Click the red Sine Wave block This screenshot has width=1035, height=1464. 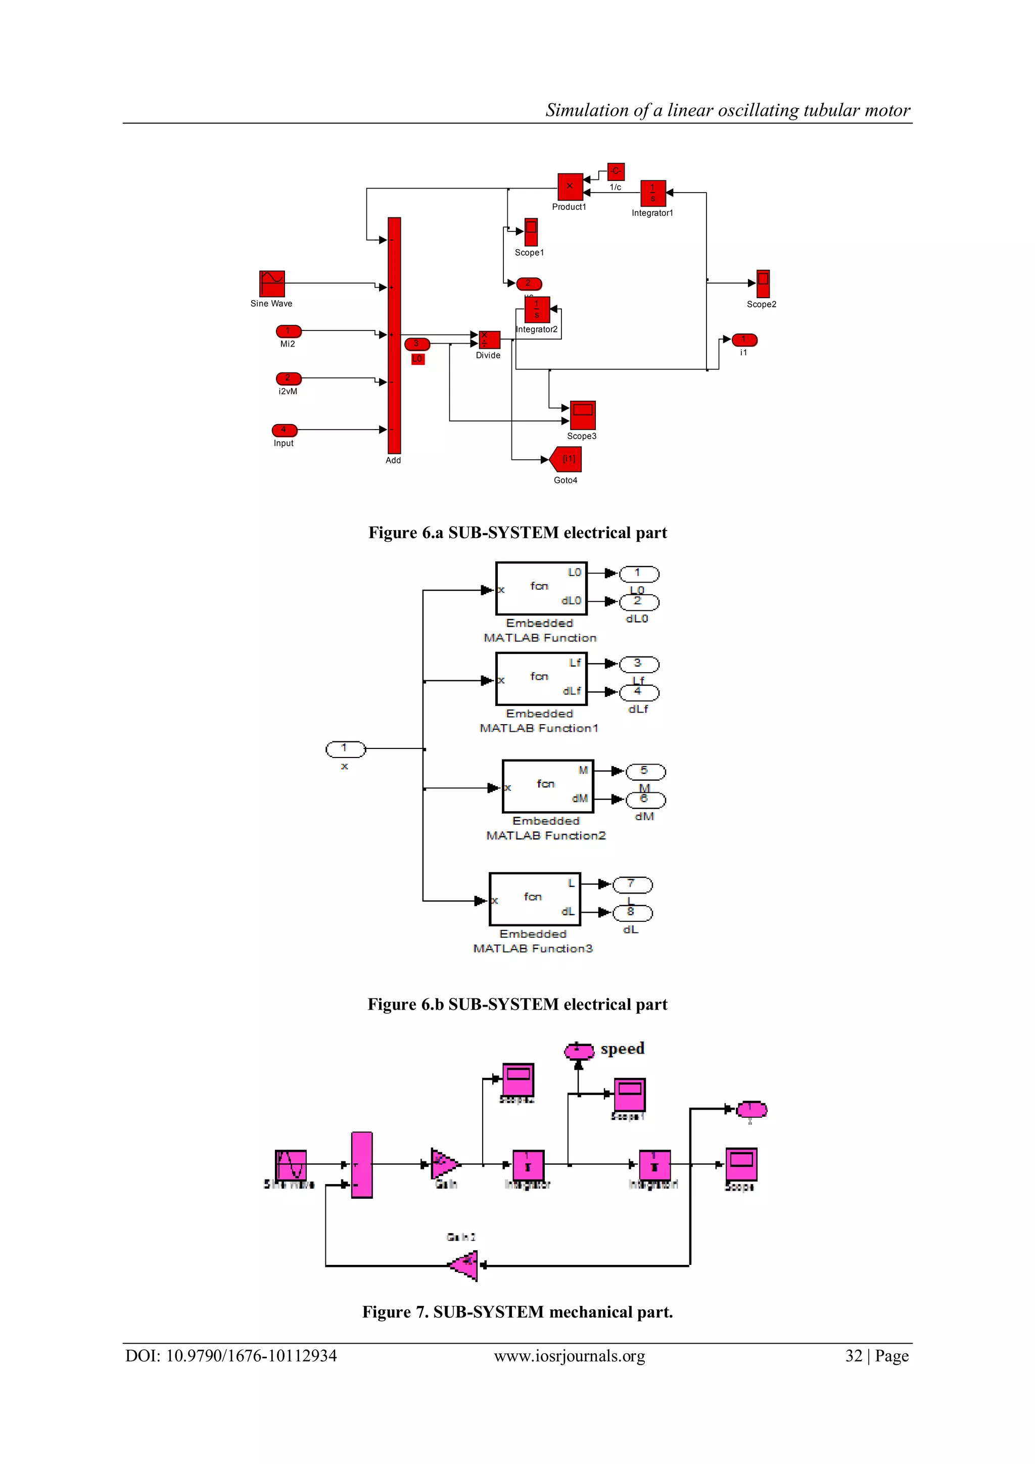click(272, 284)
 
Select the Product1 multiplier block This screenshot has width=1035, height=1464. click(570, 187)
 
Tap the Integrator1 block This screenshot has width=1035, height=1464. click(652, 193)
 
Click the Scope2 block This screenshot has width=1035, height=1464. click(763, 284)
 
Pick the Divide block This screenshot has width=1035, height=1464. click(489, 339)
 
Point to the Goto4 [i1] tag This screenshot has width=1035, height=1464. click(567, 459)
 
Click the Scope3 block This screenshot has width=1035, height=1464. click(582, 415)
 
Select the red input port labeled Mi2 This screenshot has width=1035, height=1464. click(288, 331)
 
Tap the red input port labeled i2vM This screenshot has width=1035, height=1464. click(288, 379)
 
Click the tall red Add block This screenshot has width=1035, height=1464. click(394, 336)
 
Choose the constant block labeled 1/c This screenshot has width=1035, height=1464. click(616, 171)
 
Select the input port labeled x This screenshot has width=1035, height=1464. click(346, 749)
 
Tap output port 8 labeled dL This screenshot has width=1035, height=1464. click(632, 913)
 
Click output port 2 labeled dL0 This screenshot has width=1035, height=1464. click(639, 602)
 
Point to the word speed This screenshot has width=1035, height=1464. click(623, 1049)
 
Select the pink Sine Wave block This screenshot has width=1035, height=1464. click(291, 1165)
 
